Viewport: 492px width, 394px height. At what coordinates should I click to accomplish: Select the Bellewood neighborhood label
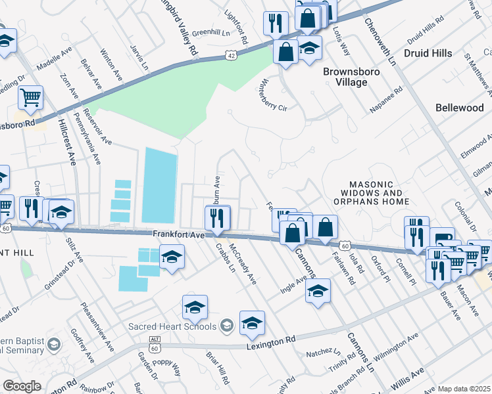tap(459, 107)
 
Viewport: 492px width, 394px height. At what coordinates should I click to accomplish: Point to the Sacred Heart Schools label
tap(172, 326)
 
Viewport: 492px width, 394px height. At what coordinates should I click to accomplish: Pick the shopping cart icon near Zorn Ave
tap(30, 98)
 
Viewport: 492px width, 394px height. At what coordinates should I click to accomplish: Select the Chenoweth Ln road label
tap(382, 39)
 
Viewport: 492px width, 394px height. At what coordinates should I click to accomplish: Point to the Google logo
tap(22, 386)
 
